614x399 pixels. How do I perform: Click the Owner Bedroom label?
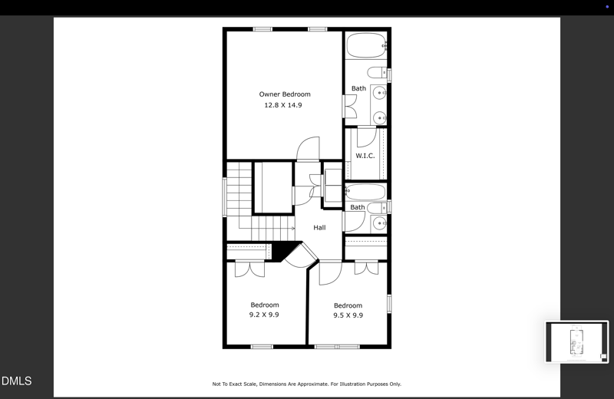pyautogui.click(x=284, y=94)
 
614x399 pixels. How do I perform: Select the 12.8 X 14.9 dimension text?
pyautogui.click(x=283, y=105)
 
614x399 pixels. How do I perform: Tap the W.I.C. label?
pyautogui.click(x=365, y=156)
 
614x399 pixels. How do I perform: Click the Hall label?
pyautogui.click(x=319, y=228)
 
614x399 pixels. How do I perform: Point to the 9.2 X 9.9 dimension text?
pyautogui.click(x=264, y=315)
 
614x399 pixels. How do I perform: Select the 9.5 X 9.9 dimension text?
pyautogui.click(x=348, y=315)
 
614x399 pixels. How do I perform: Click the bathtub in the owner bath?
pyautogui.click(x=365, y=45)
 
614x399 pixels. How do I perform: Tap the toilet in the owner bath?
pyautogui.click(x=377, y=74)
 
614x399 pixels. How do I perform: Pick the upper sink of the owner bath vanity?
pyautogui.click(x=379, y=94)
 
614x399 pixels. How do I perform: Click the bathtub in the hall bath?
pyautogui.click(x=365, y=192)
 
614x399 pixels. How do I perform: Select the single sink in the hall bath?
pyautogui.click(x=379, y=224)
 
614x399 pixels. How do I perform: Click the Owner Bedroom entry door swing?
pyautogui.click(x=309, y=148)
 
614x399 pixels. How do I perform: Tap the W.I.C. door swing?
pyautogui.click(x=365, y=137)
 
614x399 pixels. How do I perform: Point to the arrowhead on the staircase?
pyautogui.click(x=292, y=228)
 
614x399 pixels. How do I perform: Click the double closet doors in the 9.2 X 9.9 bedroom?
pyautogui.click(x=249, y=269)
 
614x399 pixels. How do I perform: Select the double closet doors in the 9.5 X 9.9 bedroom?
pyautogui.click(x=366, y=268)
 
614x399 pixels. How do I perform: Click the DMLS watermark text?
pyautogui.click(x=17, y=381)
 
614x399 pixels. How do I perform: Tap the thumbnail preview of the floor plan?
pyautogui.click(x=576, y=341)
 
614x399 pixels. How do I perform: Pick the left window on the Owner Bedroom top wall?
pyautogui.click(x=262, y=29)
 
